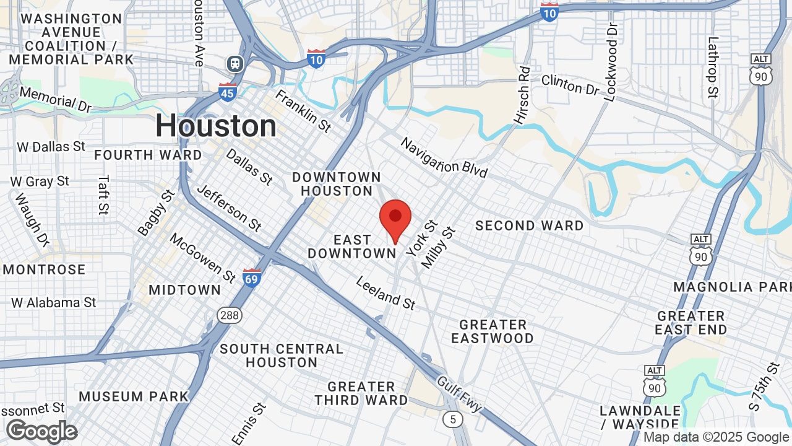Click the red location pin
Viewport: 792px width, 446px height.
tap(395, 219)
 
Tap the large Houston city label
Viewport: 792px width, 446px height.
tap(216, 126)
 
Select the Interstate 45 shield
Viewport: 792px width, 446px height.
tap(228, 92)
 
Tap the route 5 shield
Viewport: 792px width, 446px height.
tap(453, 419)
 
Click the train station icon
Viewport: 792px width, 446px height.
tap(235, 63)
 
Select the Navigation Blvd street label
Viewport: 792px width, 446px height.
tap(444, 157)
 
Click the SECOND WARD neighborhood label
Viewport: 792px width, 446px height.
tap(529, 225)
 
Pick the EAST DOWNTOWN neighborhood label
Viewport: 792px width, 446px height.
tap(352, 247)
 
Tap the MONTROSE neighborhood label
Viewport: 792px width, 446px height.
tap(44, 269)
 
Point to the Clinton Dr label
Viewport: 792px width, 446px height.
tap(570, 85)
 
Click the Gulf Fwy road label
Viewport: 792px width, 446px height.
tap(459, 394)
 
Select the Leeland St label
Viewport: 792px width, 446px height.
tap(385, 293)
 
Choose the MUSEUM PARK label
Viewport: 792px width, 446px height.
tap(134, 396)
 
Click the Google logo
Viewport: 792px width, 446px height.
tap(41, 431)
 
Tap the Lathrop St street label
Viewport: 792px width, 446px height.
tap(713, 68)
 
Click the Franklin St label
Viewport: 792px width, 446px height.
tap(303, 111)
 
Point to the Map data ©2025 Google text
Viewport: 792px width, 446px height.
tap(716, 437)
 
